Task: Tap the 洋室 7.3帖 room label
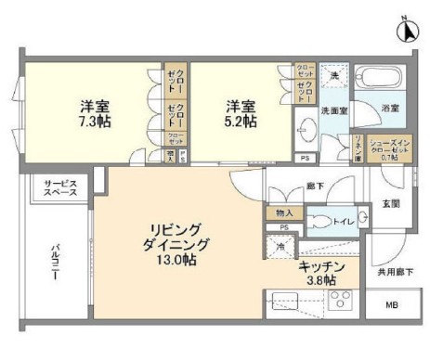click(92, 113)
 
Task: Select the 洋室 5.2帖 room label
click(238, 113)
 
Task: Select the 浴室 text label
click(390, 109)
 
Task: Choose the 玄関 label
click(391, 203)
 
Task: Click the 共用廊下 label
click(394, 274)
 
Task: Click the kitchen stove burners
click(338, 302)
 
